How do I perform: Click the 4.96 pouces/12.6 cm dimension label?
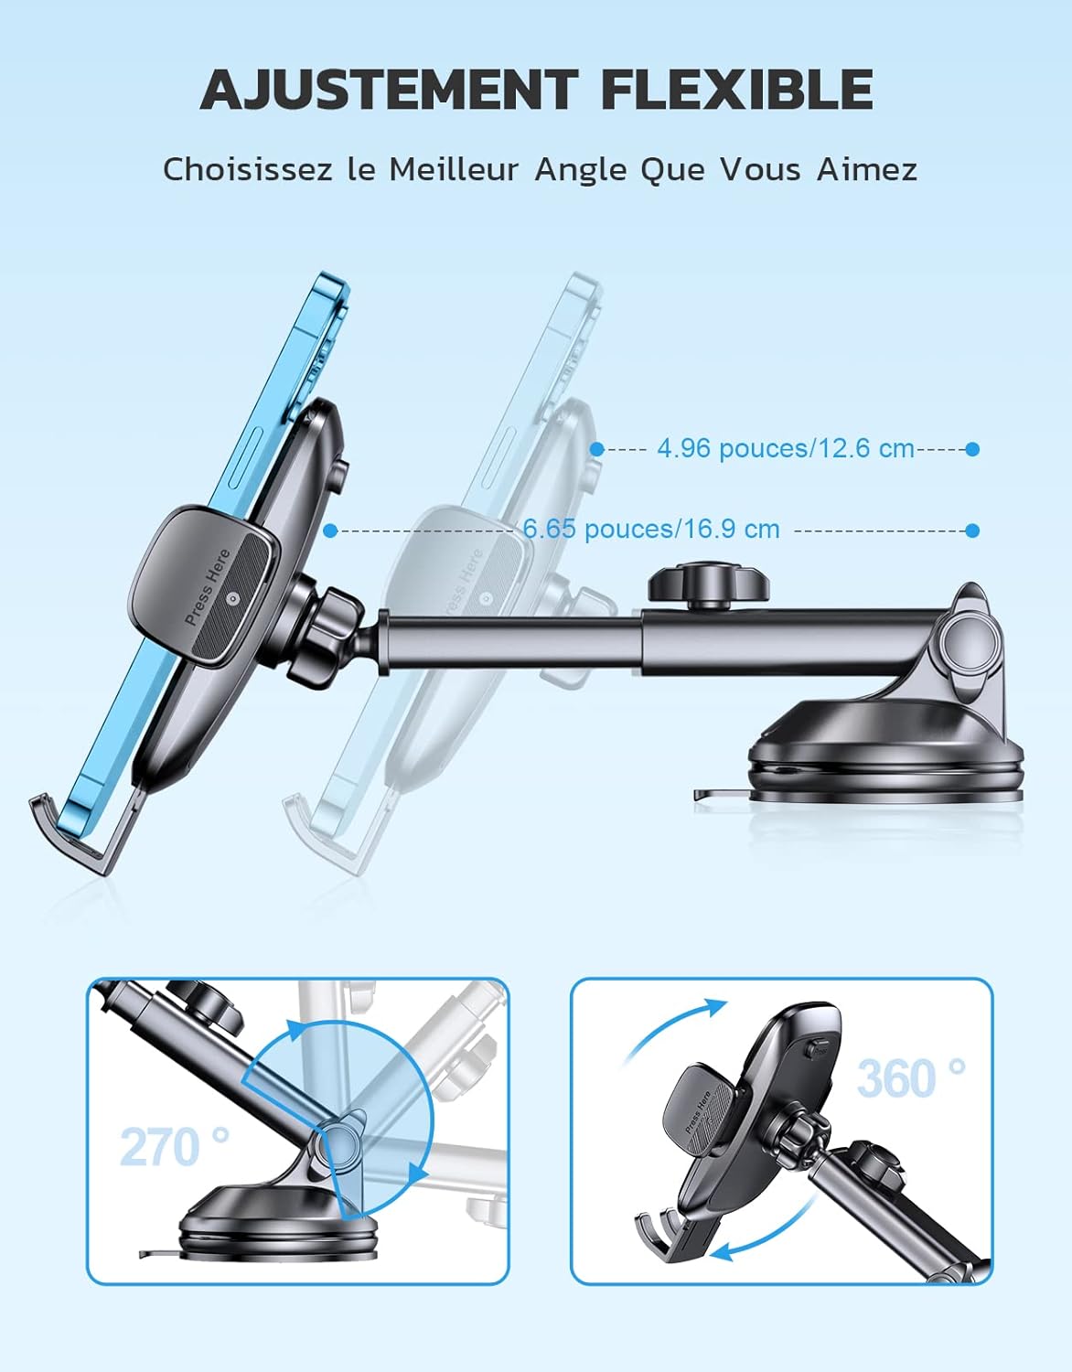(x=785, y=448)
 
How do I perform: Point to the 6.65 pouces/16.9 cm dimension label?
(x=651, y=530)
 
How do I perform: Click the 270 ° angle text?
(x=175, y=1147)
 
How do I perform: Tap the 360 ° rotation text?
(x=911, y=1078)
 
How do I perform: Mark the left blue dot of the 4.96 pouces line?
(x=597, y=449)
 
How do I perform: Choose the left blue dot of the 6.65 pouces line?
(x=331, y=531)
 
